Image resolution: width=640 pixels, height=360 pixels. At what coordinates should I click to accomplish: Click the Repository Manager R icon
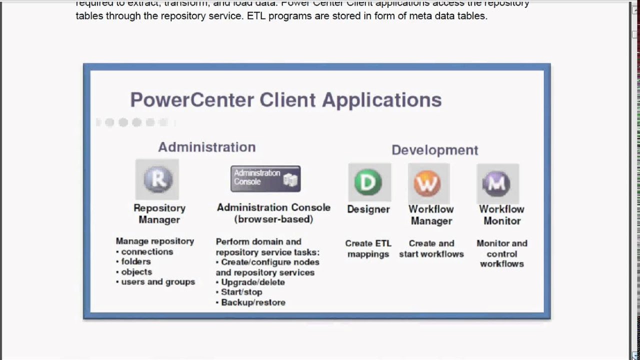point(157,179)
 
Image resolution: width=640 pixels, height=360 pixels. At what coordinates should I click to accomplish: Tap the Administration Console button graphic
point(265,178)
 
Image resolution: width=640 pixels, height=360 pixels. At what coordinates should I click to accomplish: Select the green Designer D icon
point(368,182)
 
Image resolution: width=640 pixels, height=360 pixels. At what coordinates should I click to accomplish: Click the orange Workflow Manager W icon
point(428,183)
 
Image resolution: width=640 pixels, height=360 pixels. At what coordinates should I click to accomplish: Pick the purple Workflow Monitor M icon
point(497,183)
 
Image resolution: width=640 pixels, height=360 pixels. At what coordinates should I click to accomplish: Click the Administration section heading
point(207,147)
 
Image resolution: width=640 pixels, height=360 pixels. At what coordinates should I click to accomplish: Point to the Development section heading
point(434,150)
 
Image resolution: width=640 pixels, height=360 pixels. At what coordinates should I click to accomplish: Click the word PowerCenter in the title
point(191,99)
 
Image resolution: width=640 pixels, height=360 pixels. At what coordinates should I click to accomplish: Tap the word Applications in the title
point(381,99)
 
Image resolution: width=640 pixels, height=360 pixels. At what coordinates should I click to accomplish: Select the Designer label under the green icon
point(368,209)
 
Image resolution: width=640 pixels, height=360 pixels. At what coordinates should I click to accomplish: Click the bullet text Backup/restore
point(253,302)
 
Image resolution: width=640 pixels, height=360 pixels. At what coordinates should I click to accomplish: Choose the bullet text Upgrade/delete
point(253,282)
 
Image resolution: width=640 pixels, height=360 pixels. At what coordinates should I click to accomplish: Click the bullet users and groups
point(158,282)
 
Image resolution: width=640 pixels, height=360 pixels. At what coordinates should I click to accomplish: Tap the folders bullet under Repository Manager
point(136,261)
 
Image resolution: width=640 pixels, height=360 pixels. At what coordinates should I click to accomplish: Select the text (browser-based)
point(273,219)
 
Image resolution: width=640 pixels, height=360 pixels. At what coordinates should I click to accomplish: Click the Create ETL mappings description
point(368,248)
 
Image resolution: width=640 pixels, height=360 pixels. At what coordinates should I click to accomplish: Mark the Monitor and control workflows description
point(501,253)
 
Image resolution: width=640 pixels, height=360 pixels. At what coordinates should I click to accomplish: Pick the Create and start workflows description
point(431,248)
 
